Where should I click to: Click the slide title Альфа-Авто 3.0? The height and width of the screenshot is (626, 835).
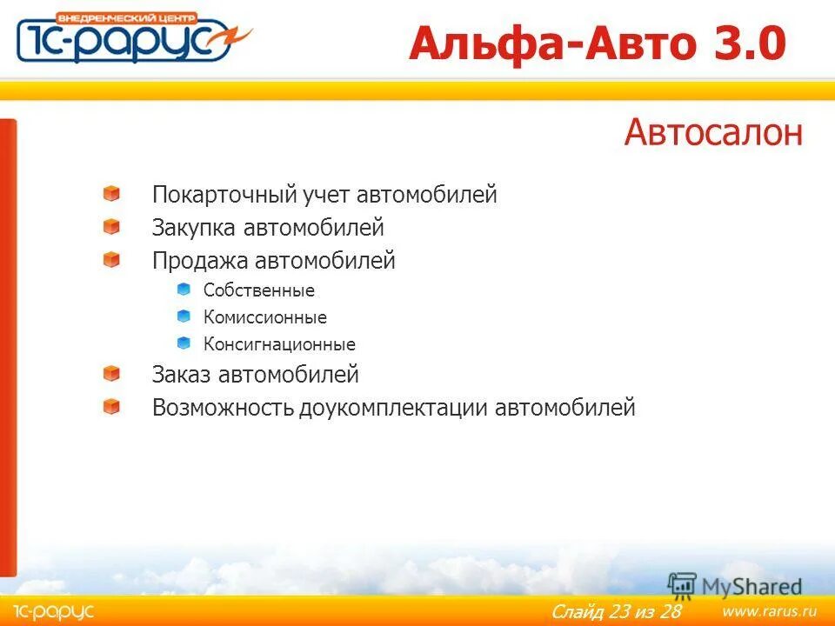click(x=598, y=43)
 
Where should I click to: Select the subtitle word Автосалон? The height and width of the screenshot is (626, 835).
click(x=712, y=133)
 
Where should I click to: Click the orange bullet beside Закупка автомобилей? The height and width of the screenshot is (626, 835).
click(x=111, y=227)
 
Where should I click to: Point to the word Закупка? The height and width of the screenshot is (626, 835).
click(x=194, y=228)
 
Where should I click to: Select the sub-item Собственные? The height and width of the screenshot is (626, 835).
click(x=259, y=290)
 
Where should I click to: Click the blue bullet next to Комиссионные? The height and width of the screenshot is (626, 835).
click(x=184, y=316)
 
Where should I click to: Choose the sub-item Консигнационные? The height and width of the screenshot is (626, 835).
click(x=279, y=344)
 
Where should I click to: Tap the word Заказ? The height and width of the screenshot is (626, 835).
click(x=182, y=375)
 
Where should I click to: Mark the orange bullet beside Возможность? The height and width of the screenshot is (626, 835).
click(x=111, y=406)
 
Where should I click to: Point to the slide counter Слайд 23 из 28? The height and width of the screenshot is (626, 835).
click(x=616, y=612)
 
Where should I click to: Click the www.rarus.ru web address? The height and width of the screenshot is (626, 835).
click(x=769, y=611)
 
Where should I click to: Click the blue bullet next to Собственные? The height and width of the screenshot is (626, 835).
click(x=184, y=289)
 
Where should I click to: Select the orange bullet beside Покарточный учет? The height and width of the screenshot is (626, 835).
click(x=111, y=194)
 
